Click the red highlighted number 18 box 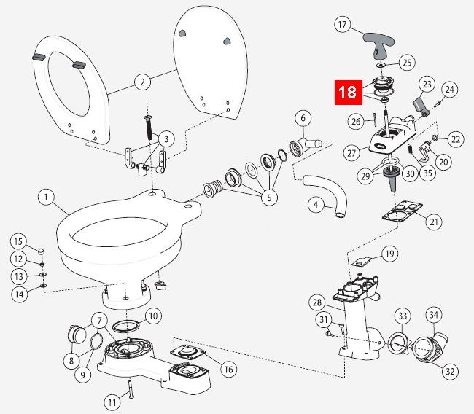click(348, 93)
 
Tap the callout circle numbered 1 click(46, 197)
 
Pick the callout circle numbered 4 click(314, 206)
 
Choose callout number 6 click(303, 118)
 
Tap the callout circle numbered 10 click(153, 316)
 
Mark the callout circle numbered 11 click(112, 401)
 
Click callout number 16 click(228, 370)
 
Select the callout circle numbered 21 click(434, 221)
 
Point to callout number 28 click(316, 302)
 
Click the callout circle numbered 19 click(390, 254)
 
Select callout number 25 click(407, 63)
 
